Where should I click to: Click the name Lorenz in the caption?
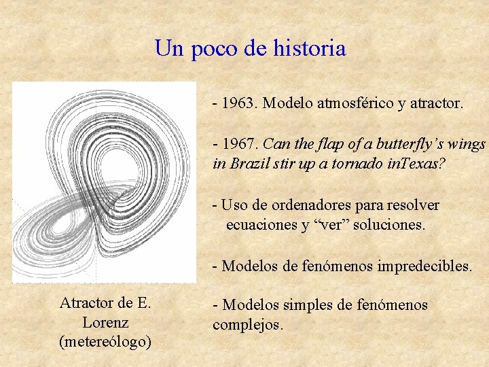coord(105,322)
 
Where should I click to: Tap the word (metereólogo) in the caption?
coord(105,341)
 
